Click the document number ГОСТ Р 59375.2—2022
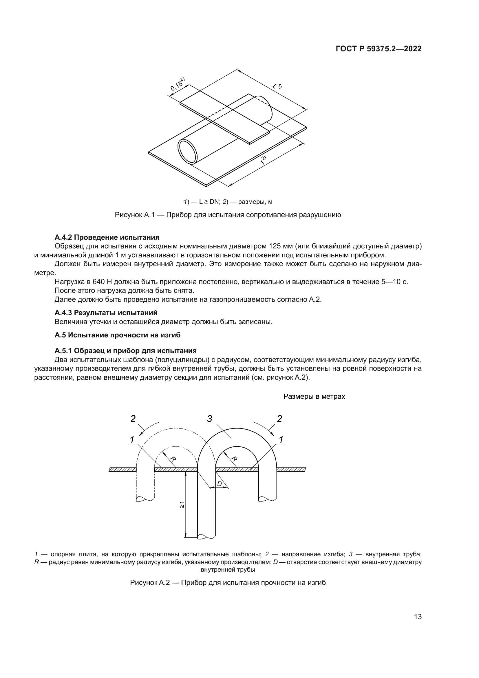(x=379, y=49)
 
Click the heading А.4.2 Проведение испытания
(x=107, y=237)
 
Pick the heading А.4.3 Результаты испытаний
(x=106, y=313)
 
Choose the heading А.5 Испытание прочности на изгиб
(x=117, y=335)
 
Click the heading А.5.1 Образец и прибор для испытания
(x=125, y=351)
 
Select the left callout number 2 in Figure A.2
(x=133, y=419)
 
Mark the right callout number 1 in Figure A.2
(x=281, y=440)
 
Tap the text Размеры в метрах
(x=314, y=397)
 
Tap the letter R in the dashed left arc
(x=173, y=459)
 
